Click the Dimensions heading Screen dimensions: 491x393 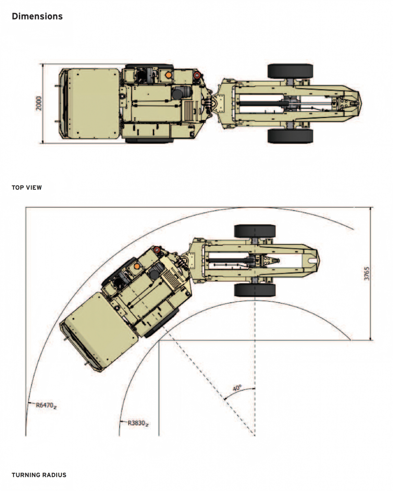coord(37,16)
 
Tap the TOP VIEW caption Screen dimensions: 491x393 coord(26,187)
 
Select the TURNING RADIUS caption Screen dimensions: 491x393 coord(39,475)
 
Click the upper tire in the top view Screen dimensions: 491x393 coord(290,71)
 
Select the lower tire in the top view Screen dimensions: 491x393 coord(290,136)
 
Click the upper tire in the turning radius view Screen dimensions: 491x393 coord(255,231)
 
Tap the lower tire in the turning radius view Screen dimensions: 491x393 coord(255,290)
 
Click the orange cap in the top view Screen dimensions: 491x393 coord(169,75)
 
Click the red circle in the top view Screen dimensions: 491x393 coord(196,75)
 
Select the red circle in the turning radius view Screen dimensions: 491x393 coord(156,250)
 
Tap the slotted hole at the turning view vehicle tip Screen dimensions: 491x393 coord(313,260)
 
